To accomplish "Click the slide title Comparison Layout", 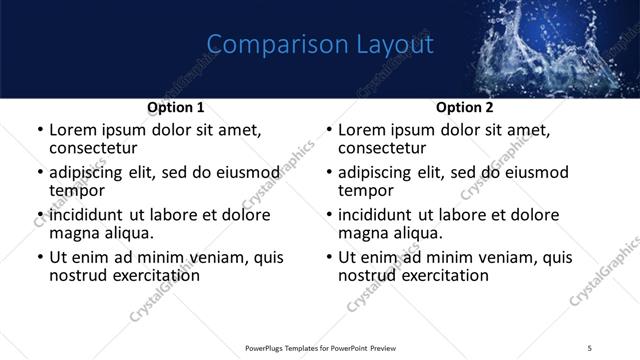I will [320, 45].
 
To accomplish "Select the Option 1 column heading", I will [176, 107].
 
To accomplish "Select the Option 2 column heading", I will [464, 107].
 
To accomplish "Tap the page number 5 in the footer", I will [590, 347].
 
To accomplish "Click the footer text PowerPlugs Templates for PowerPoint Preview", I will [320, 347].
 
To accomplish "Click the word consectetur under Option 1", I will [98, 148].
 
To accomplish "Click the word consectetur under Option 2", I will [387, 148].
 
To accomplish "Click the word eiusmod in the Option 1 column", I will [238, 172].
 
